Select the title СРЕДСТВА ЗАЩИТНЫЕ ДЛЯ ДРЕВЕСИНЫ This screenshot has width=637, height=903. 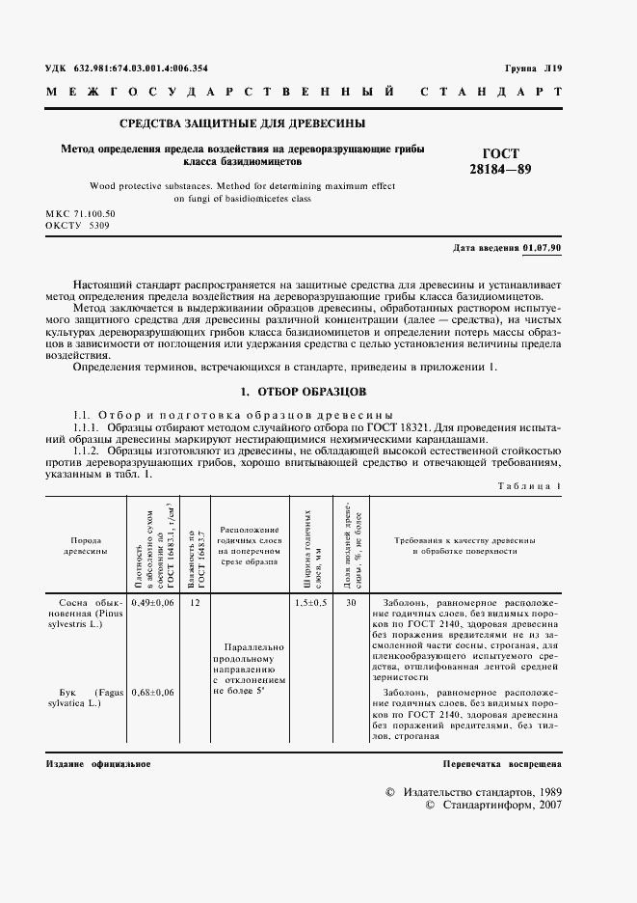pos(242,123)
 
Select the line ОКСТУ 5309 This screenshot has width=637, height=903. pos(77,224)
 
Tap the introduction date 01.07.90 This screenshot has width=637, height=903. pos(543,249)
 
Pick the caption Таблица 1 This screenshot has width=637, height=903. pos(527,485)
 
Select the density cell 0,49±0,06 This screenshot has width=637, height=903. pos(150,602)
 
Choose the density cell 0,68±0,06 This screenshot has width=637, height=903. pos(150,693)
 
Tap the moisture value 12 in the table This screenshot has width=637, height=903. pos(196,602)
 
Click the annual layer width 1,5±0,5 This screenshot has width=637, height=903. pos(310,602)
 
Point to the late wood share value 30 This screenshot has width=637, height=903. pos(351,602)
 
